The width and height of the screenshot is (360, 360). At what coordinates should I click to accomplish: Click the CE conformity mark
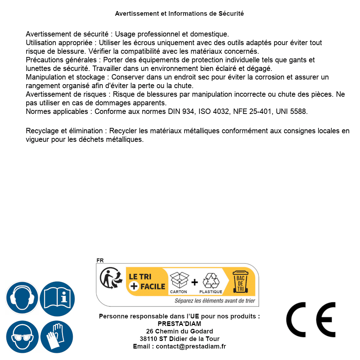311,320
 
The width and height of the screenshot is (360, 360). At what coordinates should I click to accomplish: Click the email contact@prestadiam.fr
191,346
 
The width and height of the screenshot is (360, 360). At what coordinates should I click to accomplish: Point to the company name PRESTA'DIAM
179,324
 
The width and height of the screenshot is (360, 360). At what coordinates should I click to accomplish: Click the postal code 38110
148,339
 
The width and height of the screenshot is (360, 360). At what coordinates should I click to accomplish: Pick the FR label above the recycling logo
100,260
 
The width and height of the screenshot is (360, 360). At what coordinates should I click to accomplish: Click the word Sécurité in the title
231,14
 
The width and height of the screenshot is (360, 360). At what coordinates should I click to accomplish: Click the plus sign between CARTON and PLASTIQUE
195,282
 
